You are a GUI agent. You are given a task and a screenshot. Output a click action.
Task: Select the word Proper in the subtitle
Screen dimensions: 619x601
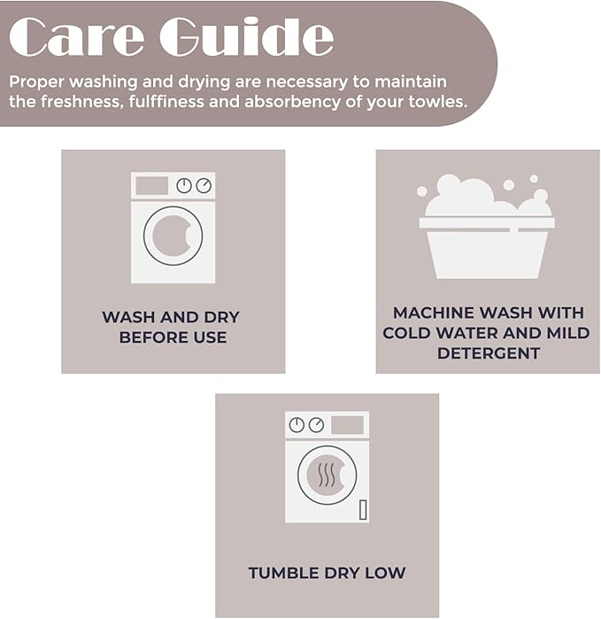(x=37, y=81)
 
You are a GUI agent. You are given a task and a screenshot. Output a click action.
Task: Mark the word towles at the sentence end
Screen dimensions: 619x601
(x=436, y=101)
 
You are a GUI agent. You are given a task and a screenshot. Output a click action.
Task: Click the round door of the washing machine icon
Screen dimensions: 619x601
(x=173, y=236)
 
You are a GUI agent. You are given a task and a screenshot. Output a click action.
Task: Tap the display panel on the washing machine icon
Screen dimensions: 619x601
(x=152, y=186)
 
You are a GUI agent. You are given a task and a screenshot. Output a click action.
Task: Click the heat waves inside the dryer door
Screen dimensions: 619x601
(x=327, y=475)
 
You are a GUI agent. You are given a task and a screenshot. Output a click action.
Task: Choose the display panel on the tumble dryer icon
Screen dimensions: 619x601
(x=347, y=425)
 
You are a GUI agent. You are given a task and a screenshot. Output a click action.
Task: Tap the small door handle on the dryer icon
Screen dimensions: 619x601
(x=362, y=509)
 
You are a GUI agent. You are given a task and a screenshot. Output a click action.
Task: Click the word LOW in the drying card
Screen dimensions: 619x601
(x=386, y=573)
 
